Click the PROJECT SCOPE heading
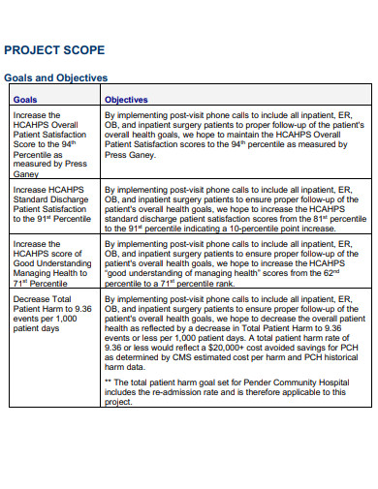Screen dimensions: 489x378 55,49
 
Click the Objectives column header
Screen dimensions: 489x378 126,99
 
